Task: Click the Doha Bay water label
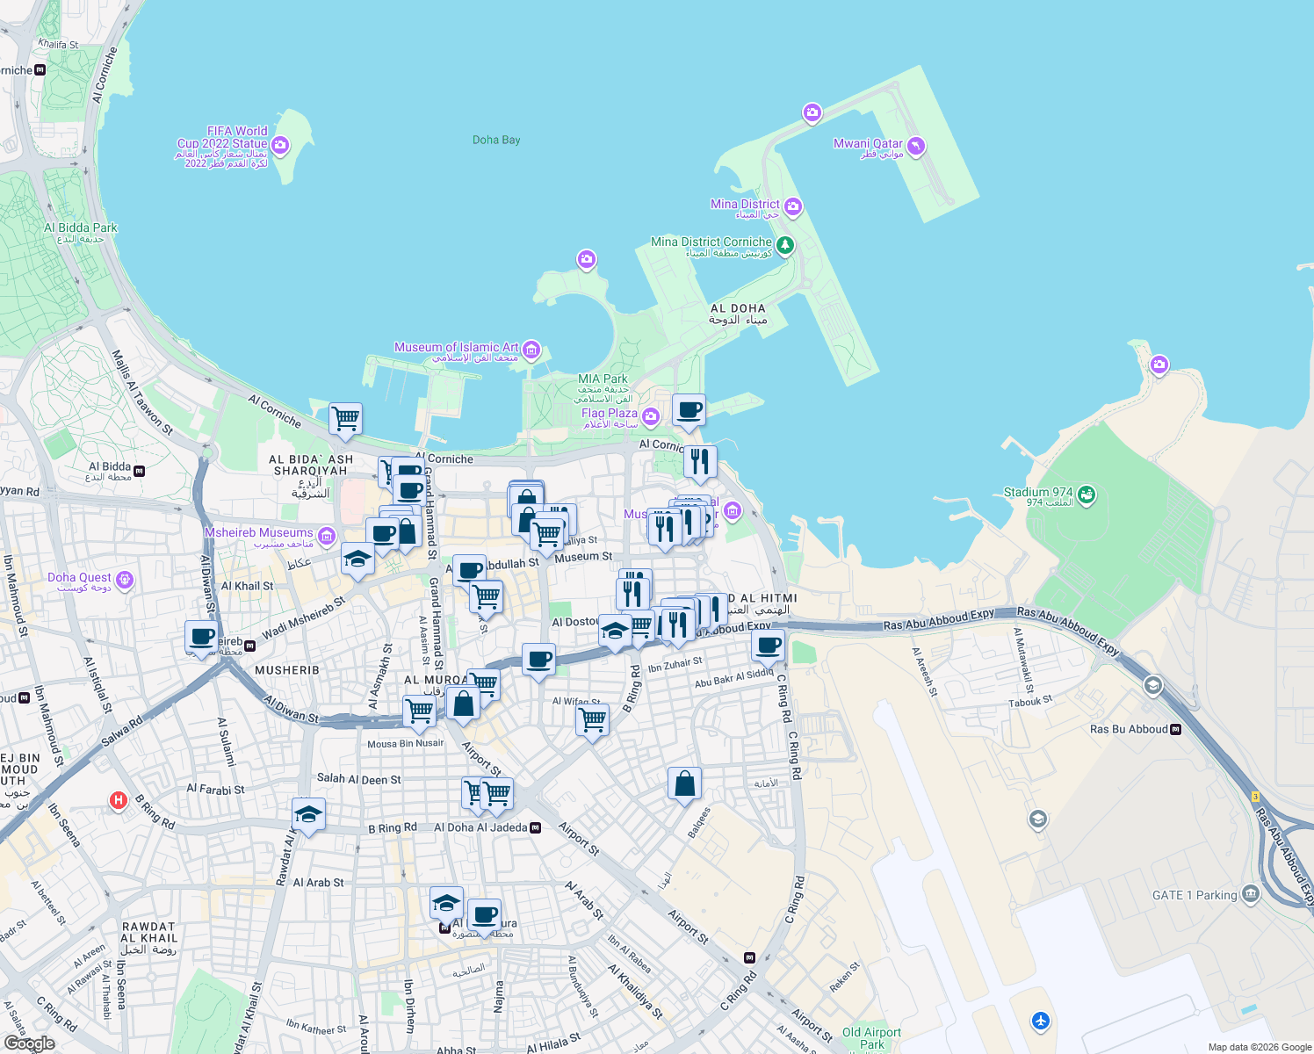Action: pos(496,140)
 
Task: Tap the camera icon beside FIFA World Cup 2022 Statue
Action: pos(280,145)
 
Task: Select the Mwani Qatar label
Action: pos(868,144)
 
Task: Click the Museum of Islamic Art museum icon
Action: pos(531,350)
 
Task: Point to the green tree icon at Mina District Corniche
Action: pos(785,245)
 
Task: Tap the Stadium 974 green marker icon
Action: pos(1087,495)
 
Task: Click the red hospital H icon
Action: pos(118,800)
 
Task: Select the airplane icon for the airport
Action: pos(1041,1021)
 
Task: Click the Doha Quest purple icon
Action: pos(125,579)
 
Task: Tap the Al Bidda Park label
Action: pos(81,228)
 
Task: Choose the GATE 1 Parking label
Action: pos(1195,895)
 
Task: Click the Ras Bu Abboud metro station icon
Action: pos(1176,729)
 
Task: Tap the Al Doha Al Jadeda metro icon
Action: pos(536,827)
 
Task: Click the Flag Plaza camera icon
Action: pos(651,415)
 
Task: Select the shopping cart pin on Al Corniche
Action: pos(346,418)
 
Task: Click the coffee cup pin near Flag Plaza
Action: pos(689,409)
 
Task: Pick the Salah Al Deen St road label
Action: pos(358,779)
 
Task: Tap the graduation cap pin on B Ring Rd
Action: pos(308,814)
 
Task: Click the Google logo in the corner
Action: pos(29,1043)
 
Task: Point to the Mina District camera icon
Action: pos(793,206)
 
